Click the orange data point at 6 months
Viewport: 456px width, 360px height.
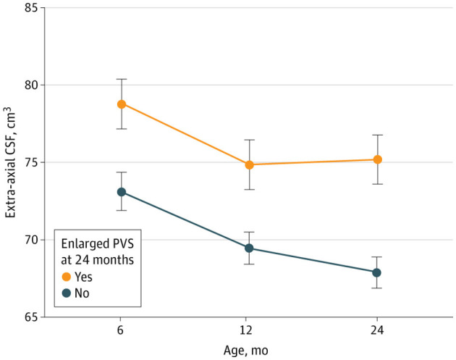[122, 104]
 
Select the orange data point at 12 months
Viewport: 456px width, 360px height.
[249, 165]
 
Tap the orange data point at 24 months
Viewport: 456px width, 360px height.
[378, 159]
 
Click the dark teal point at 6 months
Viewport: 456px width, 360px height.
[122, 192]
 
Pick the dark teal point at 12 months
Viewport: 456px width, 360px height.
[249, 248]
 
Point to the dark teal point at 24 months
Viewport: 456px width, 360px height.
[376, 272]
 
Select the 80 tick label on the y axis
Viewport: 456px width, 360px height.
[31, 85]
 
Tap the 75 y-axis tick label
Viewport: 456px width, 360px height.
[31, 162]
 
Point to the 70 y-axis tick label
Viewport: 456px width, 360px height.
[31, 240]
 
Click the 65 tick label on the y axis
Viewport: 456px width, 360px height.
[31, 317]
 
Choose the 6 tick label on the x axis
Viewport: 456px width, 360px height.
[120, 330]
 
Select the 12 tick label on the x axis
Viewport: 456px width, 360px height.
[246, 330]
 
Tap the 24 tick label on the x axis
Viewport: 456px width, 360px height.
[377, 330]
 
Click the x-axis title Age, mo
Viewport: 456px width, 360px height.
[246, 351]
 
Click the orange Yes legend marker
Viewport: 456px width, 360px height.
[67, 277]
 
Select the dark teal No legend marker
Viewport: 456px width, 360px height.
[67, 293]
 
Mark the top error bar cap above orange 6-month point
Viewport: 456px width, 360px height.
[122, 79]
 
